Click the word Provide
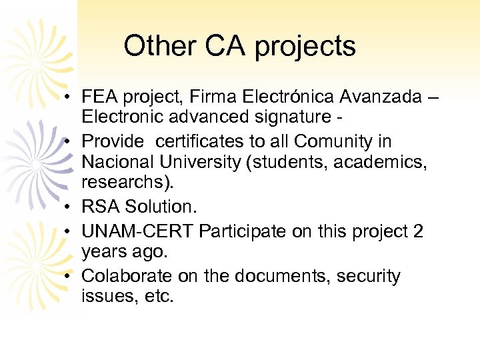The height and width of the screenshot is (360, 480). pos(112,141)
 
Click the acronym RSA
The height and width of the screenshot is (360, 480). pos(97,207)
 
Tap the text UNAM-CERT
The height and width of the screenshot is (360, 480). pos(137,231)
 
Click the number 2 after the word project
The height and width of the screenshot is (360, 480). pos(418,231)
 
